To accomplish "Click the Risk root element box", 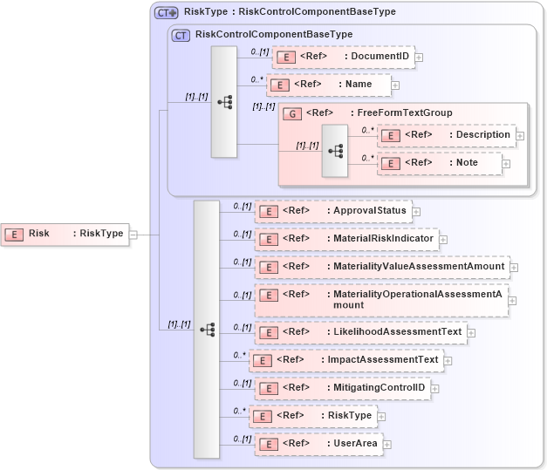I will click(65, 234).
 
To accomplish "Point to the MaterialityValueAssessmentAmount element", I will click(381, 267).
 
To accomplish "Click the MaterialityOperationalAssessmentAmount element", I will click(381, 299).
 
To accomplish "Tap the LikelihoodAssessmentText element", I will click(360, 332).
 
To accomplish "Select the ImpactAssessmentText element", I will click(345, 360).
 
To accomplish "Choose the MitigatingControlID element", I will click(342, 388).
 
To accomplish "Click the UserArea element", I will click(318, 444).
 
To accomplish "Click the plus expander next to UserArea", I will click(387, 445).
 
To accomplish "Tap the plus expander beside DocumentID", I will click(419, 58).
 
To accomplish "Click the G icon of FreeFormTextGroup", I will click(292, 113).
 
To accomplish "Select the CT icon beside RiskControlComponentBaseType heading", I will click(181, 36).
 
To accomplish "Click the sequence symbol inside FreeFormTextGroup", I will click(335, 150).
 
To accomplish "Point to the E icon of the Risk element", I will click(15, 234).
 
